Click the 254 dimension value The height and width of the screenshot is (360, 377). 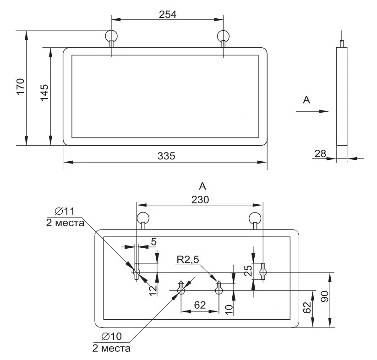pos(168,14)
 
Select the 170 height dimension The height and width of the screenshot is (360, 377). pos(21,87)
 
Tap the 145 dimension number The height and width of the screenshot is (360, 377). pos(44,93)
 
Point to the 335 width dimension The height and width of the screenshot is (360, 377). pos(166,156)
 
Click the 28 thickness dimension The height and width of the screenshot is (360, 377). pos(320,153)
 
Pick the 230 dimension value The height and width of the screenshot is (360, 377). pos(200,200)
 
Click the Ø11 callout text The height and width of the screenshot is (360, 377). pos(65,211)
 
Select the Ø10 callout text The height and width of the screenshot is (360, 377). pos(112,336)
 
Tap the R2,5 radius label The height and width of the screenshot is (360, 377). pos(188,260)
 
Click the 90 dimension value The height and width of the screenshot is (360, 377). pos(325,296)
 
